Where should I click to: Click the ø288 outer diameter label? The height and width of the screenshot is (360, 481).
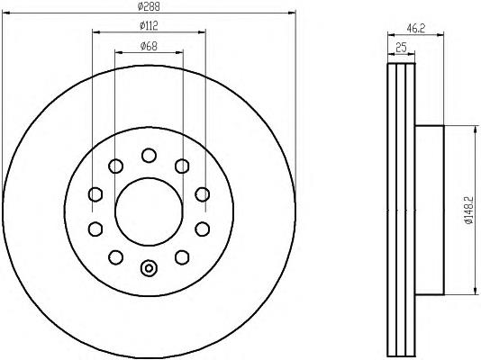149,6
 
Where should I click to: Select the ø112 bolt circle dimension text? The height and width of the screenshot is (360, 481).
149,26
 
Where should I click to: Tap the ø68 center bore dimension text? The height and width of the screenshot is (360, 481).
149,46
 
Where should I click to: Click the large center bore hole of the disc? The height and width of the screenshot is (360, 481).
149,205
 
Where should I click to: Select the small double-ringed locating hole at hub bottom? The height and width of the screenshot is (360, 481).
149,266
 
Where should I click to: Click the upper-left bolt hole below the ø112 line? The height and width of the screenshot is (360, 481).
115,165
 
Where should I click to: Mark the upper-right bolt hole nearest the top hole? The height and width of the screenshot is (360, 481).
182,165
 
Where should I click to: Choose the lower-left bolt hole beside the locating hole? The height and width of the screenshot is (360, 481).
115,256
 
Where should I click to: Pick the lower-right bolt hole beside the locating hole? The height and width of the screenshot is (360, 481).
182,256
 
